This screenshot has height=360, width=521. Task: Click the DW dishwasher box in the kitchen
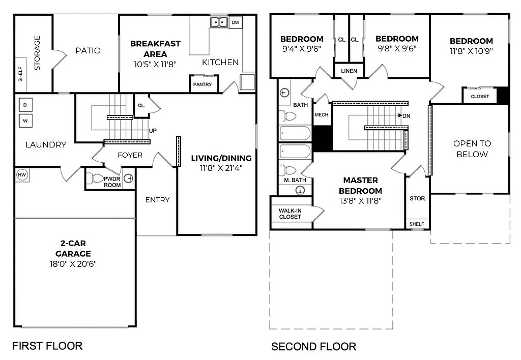(235, 22)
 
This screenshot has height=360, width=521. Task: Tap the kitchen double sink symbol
(219, 22)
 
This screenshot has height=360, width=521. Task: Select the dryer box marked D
(25, 105)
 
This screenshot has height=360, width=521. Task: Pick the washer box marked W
(25, 121)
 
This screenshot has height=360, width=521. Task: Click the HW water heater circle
(22, 175)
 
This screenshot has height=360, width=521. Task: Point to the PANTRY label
(202, 84)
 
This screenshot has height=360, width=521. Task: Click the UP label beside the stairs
(153, 131)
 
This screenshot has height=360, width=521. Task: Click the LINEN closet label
(349, 71)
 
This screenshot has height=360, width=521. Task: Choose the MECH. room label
(322, 114)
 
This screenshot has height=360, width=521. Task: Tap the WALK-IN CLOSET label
(290, 214)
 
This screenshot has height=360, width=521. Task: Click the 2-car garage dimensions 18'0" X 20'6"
(73, 264)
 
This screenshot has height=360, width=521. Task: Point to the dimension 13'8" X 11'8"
(361, 200)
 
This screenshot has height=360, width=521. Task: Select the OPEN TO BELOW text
(472, 149)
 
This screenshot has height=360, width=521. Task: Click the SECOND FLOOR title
(313, 347)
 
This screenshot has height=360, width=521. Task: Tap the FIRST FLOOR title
(47, 346)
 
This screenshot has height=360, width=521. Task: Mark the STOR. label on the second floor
(418, 199)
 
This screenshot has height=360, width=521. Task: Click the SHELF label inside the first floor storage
(20, 74)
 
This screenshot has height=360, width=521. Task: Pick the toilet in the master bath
(287, 171)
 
